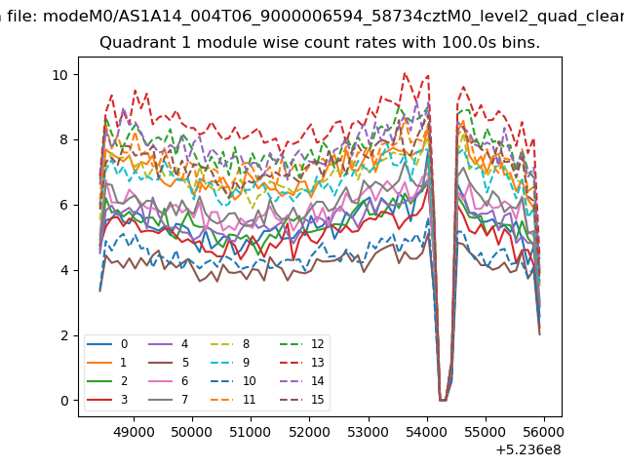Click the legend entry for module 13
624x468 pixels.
coord(302,363)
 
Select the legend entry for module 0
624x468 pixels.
coord(107,344)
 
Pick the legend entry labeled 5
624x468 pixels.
coord(169,363)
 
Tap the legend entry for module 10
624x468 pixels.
coord(233,381)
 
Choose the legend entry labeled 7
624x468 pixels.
coord(169,399)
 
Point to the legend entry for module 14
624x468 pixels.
coord(302,381)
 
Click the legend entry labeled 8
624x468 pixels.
coord(230,344)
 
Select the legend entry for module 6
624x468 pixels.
coord(169,381)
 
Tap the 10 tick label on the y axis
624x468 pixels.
coord(60,75)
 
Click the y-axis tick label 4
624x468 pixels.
coord(64,270)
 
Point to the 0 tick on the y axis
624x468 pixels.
coord(64,401)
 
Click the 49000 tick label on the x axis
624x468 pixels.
coord(134,432)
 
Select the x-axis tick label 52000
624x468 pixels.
coord(310,432)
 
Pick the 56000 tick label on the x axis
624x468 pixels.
coord(544,432)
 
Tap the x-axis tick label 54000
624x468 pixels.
coord(427,432)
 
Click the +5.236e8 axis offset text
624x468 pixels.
coord(528,450)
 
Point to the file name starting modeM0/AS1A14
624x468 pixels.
coord(333,17)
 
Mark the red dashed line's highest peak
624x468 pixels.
coord(405,73)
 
